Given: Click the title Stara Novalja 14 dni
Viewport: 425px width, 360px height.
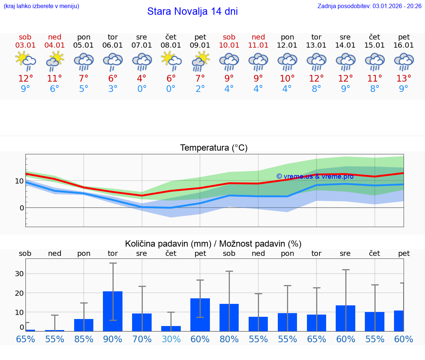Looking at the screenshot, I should pyautogui.click(x=192, y=11).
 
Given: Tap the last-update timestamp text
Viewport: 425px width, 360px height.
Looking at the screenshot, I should pyautogui.click(x=369, y=6).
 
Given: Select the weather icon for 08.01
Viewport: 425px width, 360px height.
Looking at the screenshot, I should pyautogui.click(x=171, y=61).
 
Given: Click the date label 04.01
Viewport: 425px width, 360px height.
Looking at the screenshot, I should pyautogui.click(x=55, y=45).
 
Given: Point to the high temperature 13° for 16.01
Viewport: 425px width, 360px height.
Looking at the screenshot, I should pyautogui.click(x=404, y=78).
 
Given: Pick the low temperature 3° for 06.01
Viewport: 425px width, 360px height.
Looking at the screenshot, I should pyautogui.click(x=113, y=89).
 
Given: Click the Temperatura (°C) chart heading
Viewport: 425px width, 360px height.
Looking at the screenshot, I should pyautogui.click(x=214, y=148).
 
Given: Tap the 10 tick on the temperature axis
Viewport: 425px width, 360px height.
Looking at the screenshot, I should pyautogui.click(x=19, y=181).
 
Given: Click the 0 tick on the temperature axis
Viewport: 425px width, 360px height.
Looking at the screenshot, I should pyautogui.click(x=21, y=208).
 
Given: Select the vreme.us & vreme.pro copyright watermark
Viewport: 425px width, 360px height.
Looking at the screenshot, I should pyautogui.click(x=315, y=176).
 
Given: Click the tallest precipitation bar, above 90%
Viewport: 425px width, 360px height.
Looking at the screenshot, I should pyautogui.click(x=113, y=311).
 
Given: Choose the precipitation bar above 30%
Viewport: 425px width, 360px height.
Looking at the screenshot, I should pyautogui.click(x=171, y=328).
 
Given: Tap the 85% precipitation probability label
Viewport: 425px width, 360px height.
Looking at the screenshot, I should pyautogui.click(x=84, y=339).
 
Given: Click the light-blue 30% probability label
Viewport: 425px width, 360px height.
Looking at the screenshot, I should pyautogui.click(x=171, y=339).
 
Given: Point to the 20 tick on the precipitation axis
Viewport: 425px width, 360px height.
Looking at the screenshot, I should pyautogui.click(x=19, y=293).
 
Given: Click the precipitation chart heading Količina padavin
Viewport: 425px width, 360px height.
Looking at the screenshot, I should pyautogui.click(x=213, y=244).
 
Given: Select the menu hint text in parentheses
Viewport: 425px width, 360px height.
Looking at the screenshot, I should pyautogui.click(x=41, y=6).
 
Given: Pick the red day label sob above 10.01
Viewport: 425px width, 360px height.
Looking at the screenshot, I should pyautogui.click(x=229, y=37).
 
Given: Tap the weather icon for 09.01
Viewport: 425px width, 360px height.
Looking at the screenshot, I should pyautogui.click(x=200, y=61).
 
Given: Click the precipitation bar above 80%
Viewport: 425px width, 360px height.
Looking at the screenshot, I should pyautogui.click(x=229, y=317).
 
